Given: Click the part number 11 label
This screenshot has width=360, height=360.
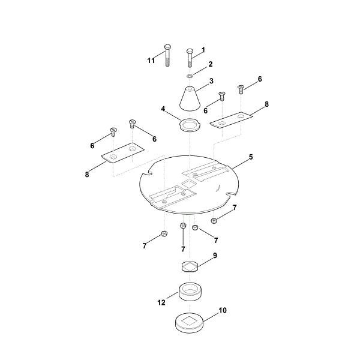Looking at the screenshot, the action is [151, 61].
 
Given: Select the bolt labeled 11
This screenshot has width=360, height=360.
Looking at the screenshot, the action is [167, 55].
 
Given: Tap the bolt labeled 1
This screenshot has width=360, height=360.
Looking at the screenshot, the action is [190, 58].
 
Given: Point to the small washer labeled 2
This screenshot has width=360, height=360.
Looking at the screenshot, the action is [190, 76].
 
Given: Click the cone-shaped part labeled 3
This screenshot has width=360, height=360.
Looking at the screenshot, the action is [190, 99].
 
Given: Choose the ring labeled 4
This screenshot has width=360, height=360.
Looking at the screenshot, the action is [190, 125].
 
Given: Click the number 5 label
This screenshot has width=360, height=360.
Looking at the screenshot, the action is [251, 157].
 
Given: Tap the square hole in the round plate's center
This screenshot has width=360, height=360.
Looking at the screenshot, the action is [188, 184].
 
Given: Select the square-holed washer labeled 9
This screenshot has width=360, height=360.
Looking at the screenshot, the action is [190, 266].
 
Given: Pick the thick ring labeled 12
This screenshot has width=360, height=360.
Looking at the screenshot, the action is [190, 292].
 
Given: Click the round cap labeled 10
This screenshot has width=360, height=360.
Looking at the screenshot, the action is [189, 322].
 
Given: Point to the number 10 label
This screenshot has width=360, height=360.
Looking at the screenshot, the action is [223, 310].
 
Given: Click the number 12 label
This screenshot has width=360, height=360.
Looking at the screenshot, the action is [161, 302].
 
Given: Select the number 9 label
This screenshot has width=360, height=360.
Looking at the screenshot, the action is [215, 256].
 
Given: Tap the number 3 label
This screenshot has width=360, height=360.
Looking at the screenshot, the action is [211, 81].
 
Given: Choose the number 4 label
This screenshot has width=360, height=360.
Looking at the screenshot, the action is [163, 109].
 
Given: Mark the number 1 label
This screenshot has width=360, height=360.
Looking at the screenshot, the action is [203, 50].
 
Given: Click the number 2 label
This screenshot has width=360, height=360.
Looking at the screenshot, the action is [211, 64].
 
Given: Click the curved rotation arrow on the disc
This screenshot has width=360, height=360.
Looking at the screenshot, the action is [218, 188].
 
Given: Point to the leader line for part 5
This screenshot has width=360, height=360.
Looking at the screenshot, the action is [240, 164].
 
